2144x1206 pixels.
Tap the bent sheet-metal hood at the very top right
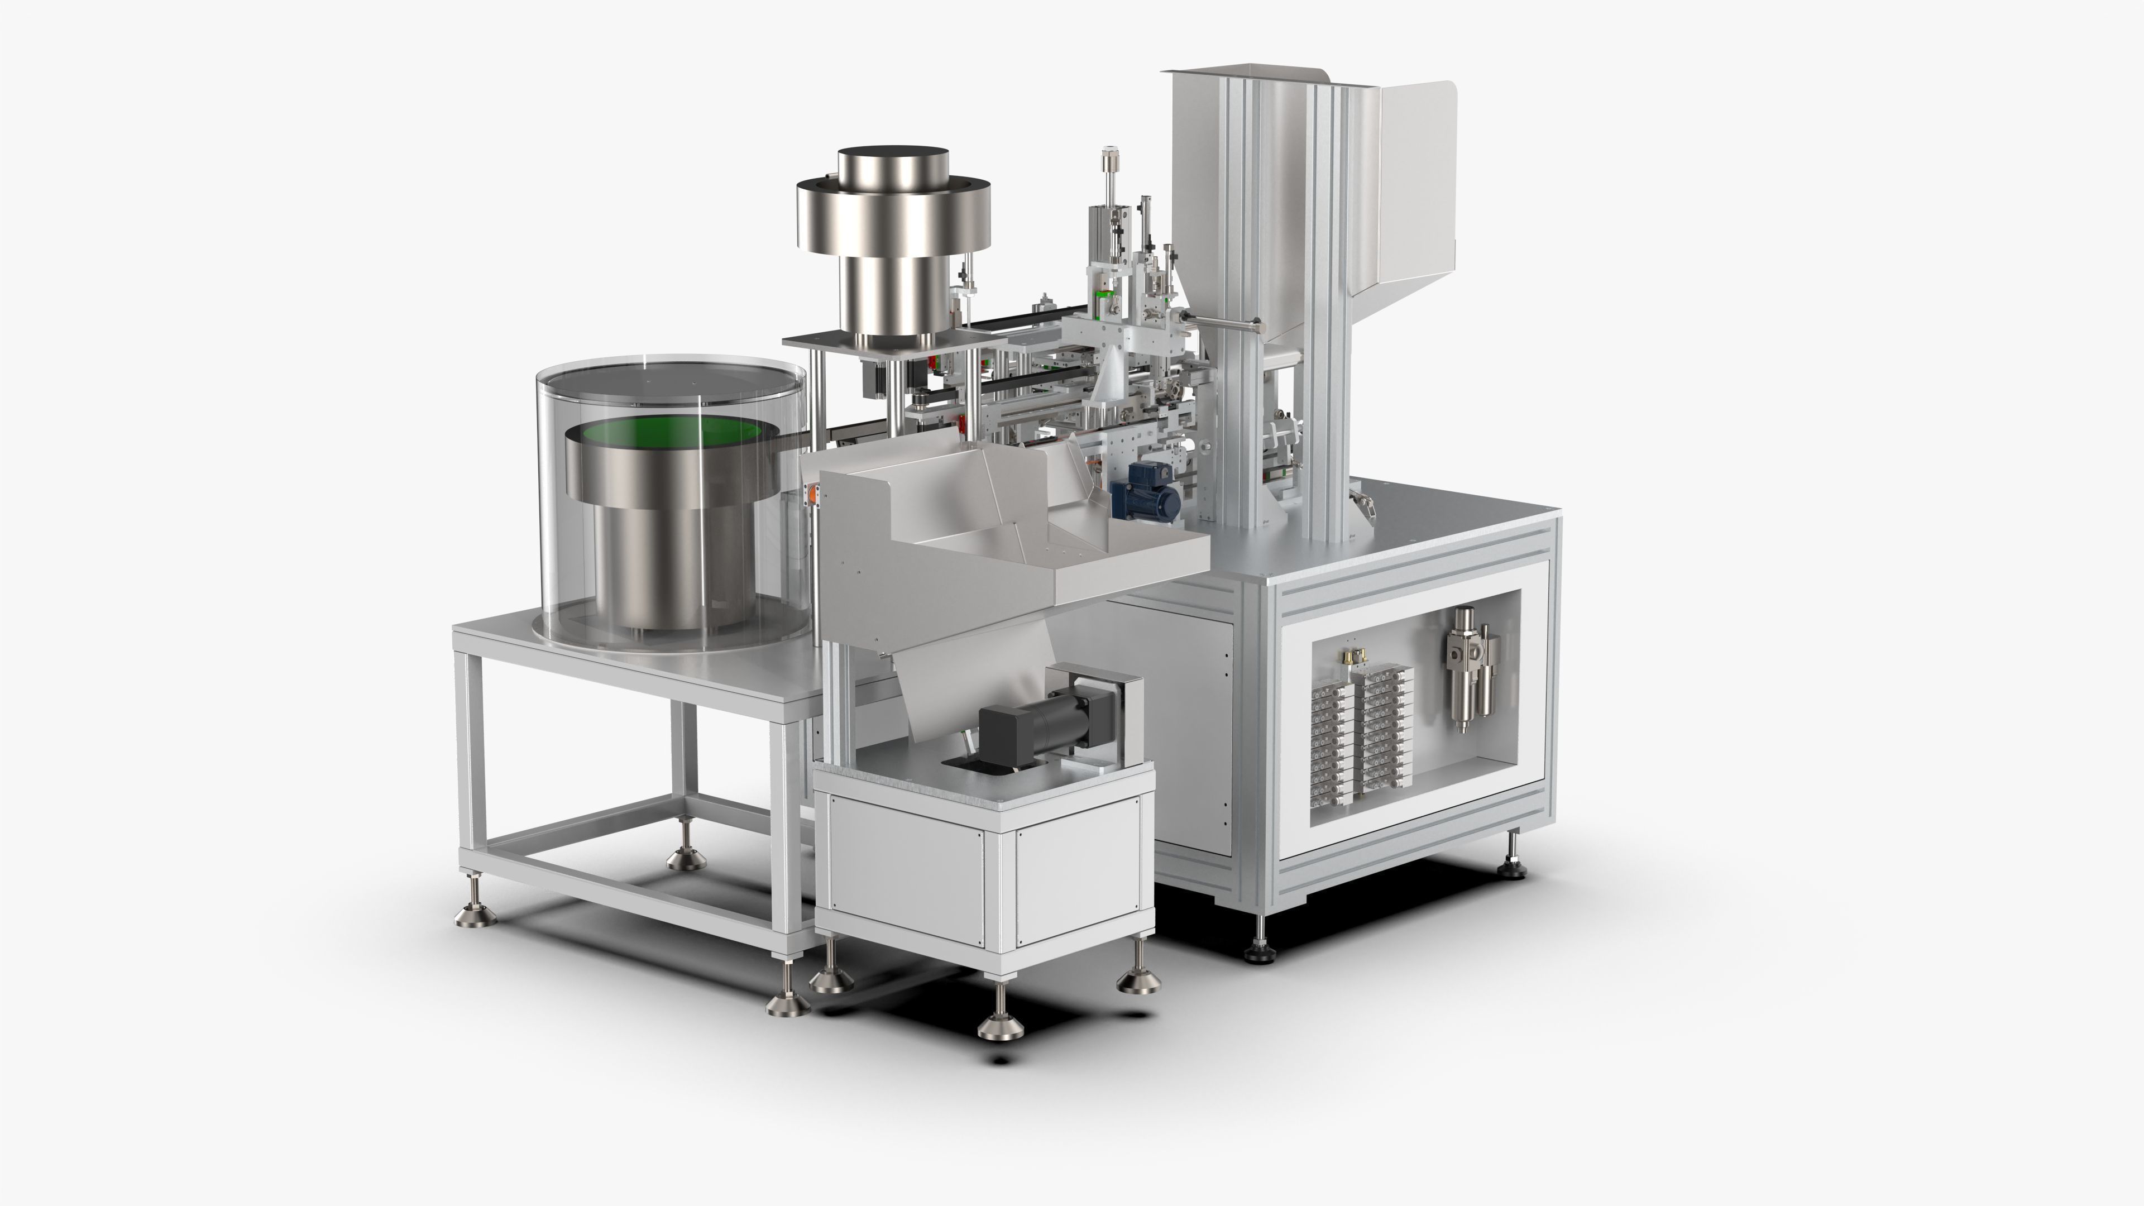point(1415,192)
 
